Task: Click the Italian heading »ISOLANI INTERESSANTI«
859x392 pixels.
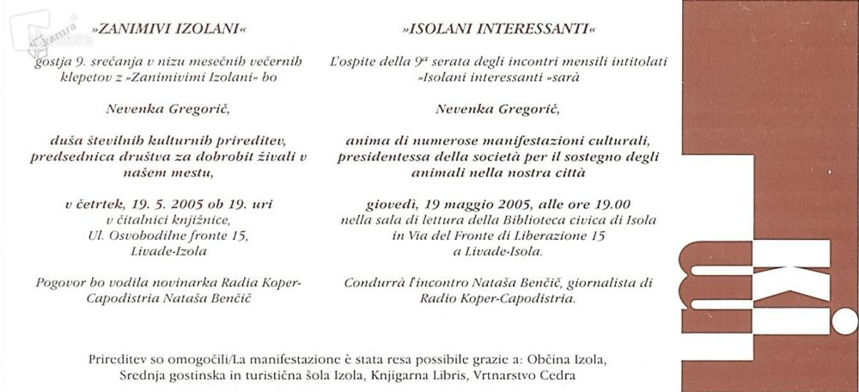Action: coord(497,28)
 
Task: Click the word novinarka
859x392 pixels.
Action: coord(199,282)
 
